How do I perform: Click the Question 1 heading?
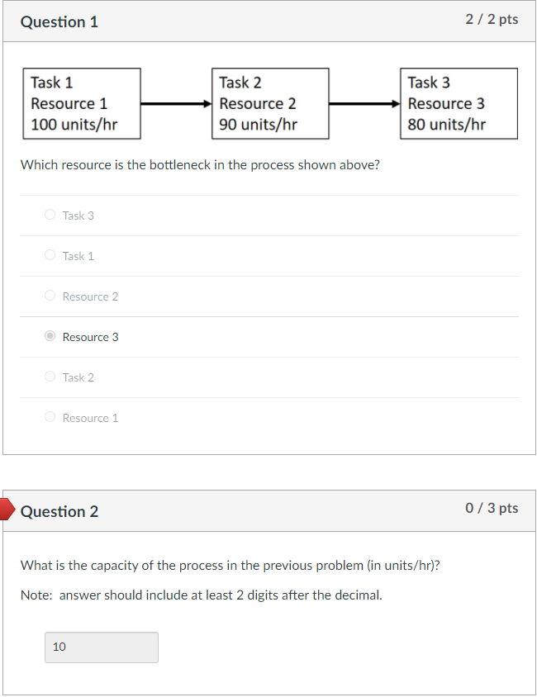pyautogui.click(x=59, y=22)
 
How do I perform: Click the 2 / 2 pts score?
pyautogui.click(x=492, y=19)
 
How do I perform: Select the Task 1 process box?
pyautogui.click(x=81, y=103)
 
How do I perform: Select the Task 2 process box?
pyautogui.click(x=269, y=103)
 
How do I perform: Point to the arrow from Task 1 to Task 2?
pyautogui.click(x=176, y=104)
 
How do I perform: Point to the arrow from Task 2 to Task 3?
pyautogui.click(x=364, y=104)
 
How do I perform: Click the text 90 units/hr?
pyautogui.click(x=258, y=125)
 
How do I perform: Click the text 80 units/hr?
pyautogui.click(x=446, y=125)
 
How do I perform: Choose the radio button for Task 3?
pyautogui.click(x=50, y=215)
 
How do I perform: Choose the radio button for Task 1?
pyautogui.click(x=50, y=255)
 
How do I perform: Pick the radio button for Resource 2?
pyautogui.click(x=50, y=296)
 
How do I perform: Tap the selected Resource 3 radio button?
pyautogui.click(x=50, y=336)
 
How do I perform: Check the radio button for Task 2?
pyautogui.click(x=50, y=377)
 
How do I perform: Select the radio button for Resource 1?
pyautogui.click(x=50, y=417)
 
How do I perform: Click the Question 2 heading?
pyautogui.click(x=59, y=511)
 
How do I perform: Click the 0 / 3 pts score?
pyautogui.click(x=492, y=508)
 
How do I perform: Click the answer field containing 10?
pyautogui.click(x=101, y=647)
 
